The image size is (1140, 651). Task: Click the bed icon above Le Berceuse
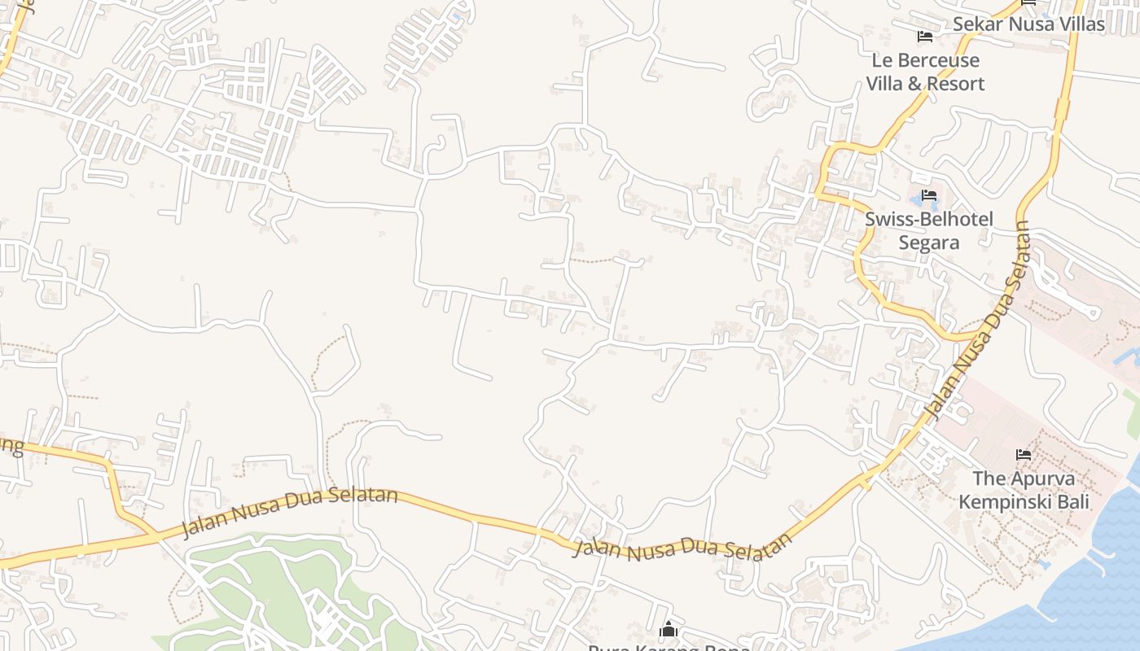tap(924, 36)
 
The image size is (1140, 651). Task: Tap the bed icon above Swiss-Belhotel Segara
tap(929, 195)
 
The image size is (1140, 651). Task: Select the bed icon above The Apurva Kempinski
tap(1024, 454)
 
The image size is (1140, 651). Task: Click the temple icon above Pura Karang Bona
tap(669, 629)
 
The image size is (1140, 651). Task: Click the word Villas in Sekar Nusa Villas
tap(1078, 24)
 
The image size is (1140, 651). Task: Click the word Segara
tap(929, 242)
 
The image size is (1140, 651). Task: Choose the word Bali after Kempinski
tap(1072, 501)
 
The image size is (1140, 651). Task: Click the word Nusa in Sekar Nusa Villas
tap(1029, 24)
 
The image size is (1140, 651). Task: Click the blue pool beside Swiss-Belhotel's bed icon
tap(917, 196)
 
